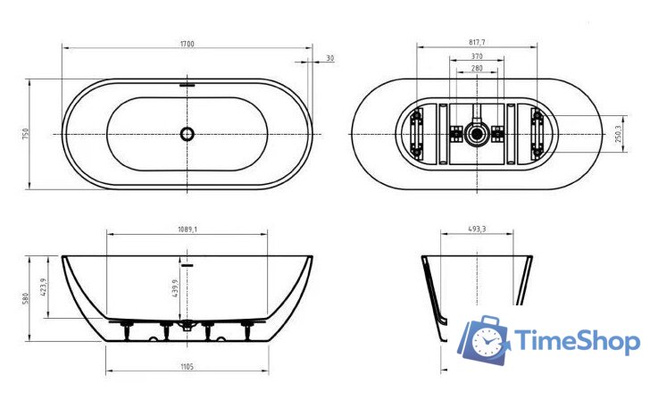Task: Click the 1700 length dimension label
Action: coord(187,44)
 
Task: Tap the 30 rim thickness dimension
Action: coord(330,58)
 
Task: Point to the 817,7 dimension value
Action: coord(477,43)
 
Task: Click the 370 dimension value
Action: coord(477,56)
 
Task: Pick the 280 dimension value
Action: coord(477,69)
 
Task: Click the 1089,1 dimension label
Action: coord(187,229)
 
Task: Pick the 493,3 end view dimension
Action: coord(477,229)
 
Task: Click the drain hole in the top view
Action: coord(187,134)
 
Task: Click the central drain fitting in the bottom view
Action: coord(477,134)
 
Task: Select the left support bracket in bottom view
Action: coord(417,134)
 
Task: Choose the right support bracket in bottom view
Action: coord(537,134)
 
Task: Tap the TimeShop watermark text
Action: coord(576,342)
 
